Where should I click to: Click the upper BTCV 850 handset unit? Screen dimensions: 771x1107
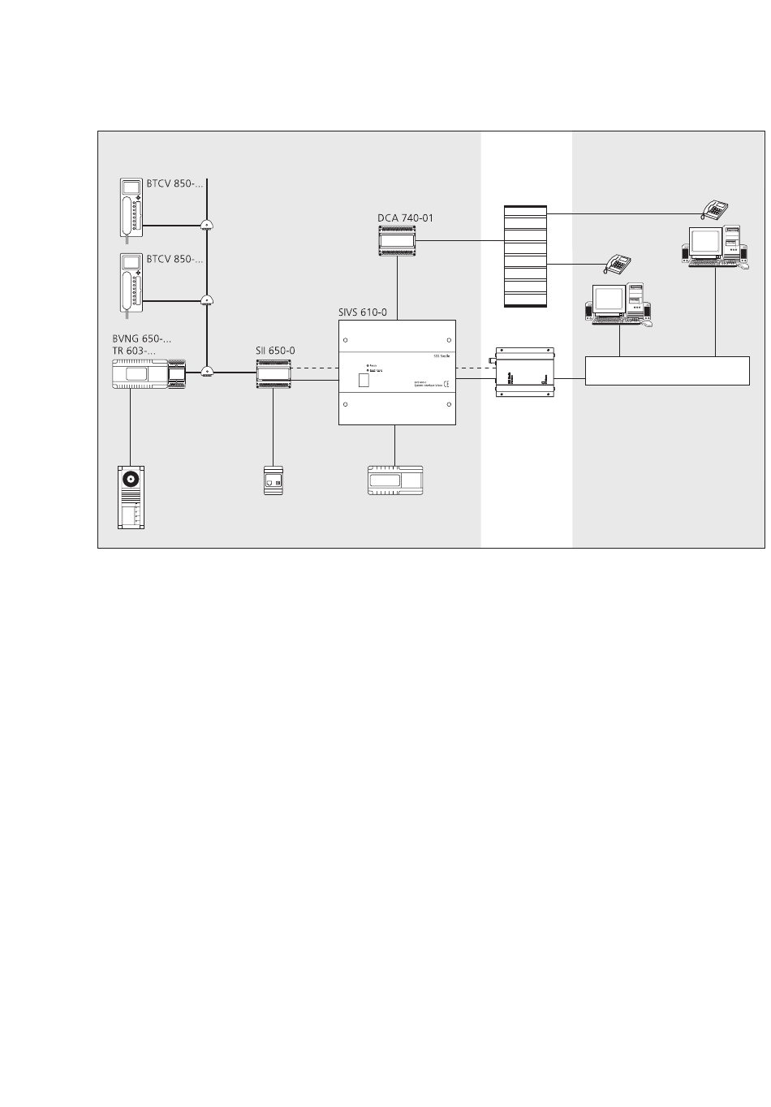(x=131, y=209)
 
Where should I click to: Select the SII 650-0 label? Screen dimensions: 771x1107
(x=275, y=351)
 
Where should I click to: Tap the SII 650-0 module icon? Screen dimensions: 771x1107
(x=273, y=373)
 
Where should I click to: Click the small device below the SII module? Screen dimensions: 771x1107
(x=274, y=480)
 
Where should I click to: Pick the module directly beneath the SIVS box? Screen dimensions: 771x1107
(x=394, y=480)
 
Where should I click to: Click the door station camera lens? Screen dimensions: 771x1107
(x=130, y=480)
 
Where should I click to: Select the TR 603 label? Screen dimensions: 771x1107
(x=134, y=351)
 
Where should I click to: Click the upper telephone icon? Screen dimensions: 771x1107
(x=716, y=209)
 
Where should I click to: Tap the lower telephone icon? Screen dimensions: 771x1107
(x=618, y=263)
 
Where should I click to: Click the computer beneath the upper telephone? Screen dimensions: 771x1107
(x=714, y=243)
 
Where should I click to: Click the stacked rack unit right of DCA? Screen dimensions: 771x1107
(x=526, y=256)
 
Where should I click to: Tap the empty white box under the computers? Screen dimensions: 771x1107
(x=667, y=370)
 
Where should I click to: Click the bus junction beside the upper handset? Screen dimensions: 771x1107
(x=207, y=226)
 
